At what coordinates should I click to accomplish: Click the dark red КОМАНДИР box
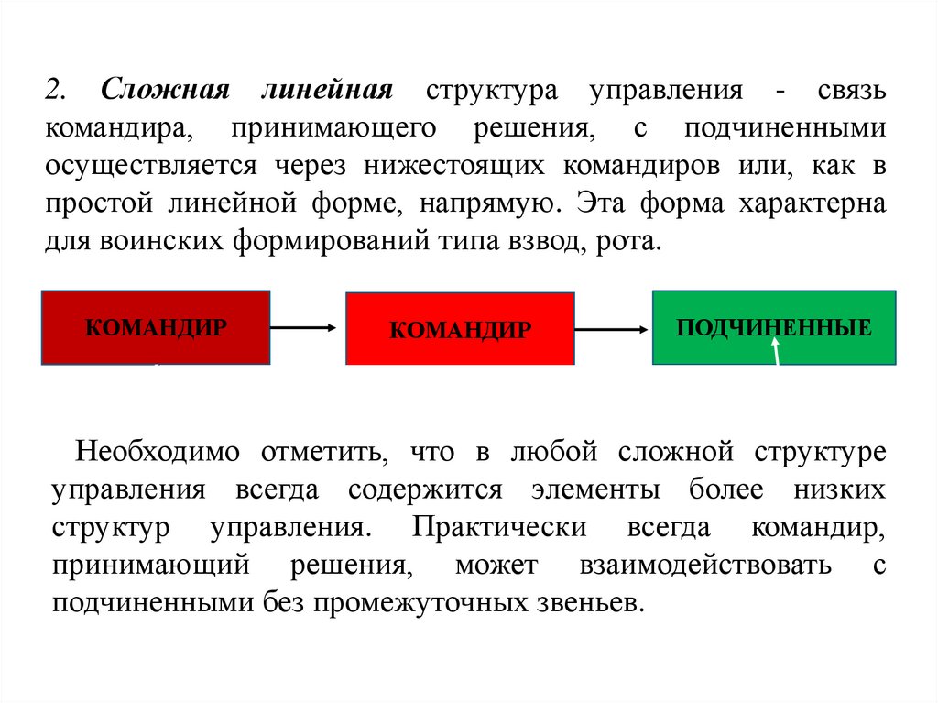coord(156,327)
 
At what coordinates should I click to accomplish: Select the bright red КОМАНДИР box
coord(460,329)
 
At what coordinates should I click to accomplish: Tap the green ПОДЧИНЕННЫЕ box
coord(774,327)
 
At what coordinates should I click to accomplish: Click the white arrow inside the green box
coord(777,350)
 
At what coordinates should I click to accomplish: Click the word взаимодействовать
coord(704,565)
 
